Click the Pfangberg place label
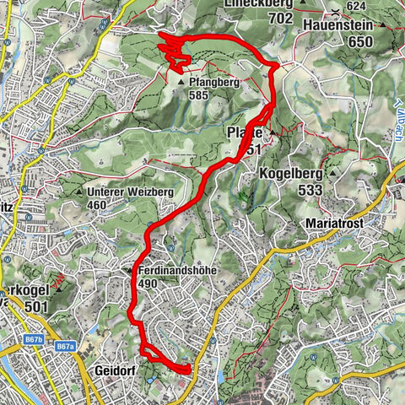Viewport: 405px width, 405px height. pyautogui.click(x=215, y=83)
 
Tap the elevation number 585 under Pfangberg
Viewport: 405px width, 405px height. pyautogui.click(x=199, y=96)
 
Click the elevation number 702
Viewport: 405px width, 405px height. pyautogui.click(x=262, y=18)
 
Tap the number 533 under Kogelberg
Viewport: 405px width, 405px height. pyautogui.click(x=310, y=191)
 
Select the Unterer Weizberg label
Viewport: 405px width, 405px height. pyautogui.click(x=130, y=192)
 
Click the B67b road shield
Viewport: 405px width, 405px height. pyautogui.click(x=34, y=339)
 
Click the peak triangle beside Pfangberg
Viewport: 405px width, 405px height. pyautogui.click(x=181, y=83)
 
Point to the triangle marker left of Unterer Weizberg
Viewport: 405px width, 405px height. pyautogui.click(x=80, y=192)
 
